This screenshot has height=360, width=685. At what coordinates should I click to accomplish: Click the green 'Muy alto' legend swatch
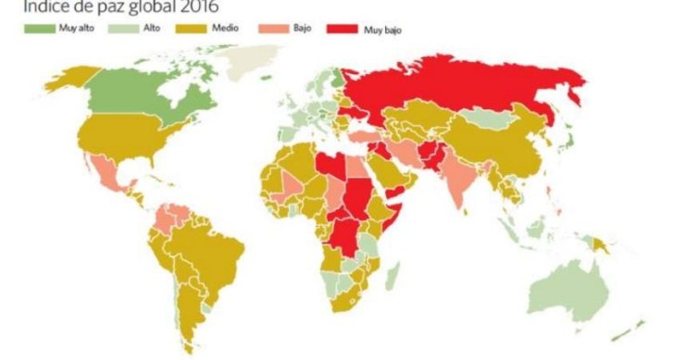tap(41, 29)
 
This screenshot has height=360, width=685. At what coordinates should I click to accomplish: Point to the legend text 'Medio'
tap(226, 29)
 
